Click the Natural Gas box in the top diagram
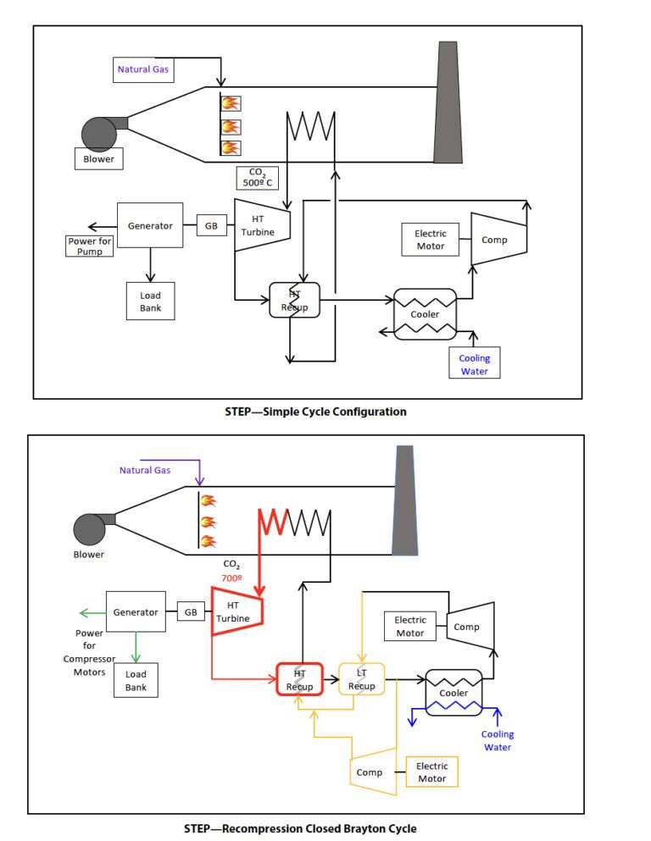[143, 69]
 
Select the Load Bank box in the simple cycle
[150, 302]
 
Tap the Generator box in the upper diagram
[150, 225]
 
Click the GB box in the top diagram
[210, 225]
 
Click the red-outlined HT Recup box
[299, 679]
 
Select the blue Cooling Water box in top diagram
[475, 363]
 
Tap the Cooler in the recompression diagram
[453, 692]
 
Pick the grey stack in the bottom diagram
[405, 501]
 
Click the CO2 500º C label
[254, 177]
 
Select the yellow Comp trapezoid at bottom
[374, 772]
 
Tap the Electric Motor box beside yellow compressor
[432, 772]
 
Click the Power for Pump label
[90, 246]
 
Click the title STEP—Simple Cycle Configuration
[309, 412]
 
